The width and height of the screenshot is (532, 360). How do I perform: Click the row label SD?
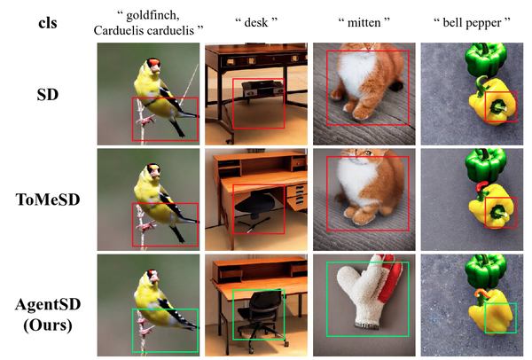pos(48,95)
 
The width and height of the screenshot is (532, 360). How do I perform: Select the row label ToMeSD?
pos(48,200)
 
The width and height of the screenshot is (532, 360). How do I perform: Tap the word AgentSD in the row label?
pos(48,304)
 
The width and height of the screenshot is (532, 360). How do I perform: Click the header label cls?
pos(48,23)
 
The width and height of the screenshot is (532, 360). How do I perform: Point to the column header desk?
pos(256,23)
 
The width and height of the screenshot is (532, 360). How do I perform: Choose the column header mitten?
pos(364,23)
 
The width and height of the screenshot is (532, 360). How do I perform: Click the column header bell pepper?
pos(472,23)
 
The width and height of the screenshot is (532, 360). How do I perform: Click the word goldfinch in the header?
pos(153,15)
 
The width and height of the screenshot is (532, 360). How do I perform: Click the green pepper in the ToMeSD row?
pos(486,165)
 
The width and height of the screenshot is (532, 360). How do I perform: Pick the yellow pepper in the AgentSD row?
pos(491,311)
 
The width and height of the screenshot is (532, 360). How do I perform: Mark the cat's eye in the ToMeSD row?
pos(368,153)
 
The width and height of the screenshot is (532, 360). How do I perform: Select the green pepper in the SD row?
pos(486,59)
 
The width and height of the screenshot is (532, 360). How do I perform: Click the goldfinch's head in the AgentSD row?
pos(153,278)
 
